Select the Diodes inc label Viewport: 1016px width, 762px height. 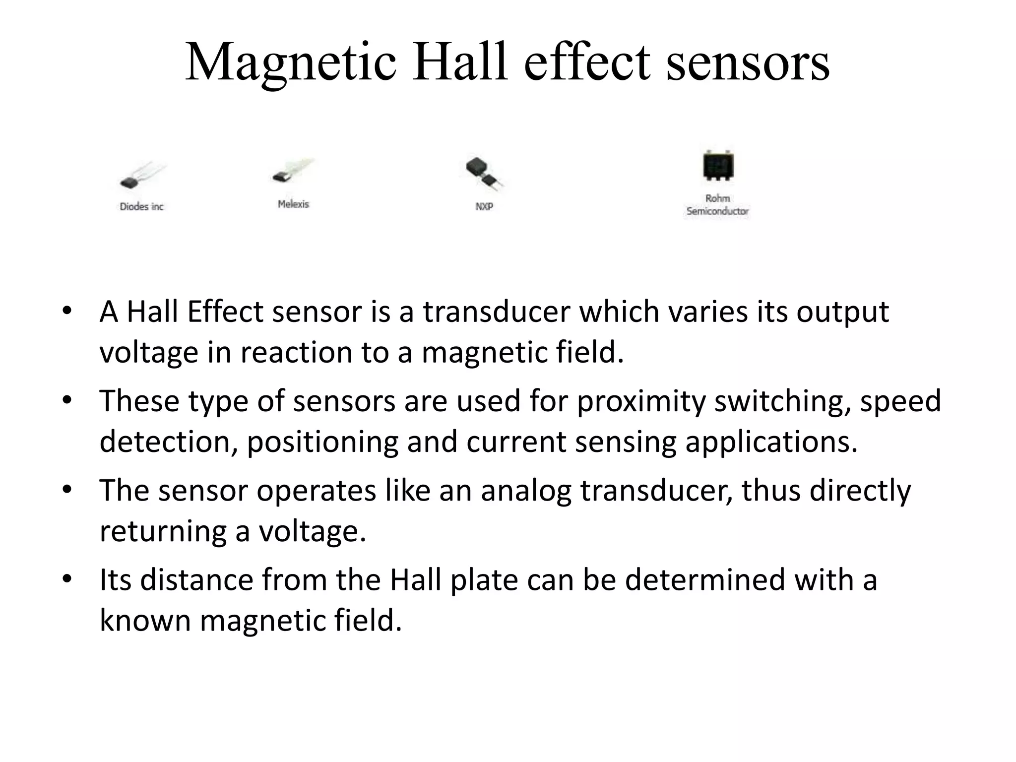click(141, 206)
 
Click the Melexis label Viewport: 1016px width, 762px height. click(293, 204)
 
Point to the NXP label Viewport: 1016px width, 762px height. click(484, 206)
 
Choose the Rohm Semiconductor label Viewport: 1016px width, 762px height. click(717, 205)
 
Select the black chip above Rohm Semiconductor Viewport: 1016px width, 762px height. click(718, 167)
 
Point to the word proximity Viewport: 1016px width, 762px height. click(640, 401)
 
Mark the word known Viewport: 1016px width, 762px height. click(145, 621)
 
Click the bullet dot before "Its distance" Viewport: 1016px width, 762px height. click(67, 579)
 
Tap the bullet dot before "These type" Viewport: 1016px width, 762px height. click(67, 400)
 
